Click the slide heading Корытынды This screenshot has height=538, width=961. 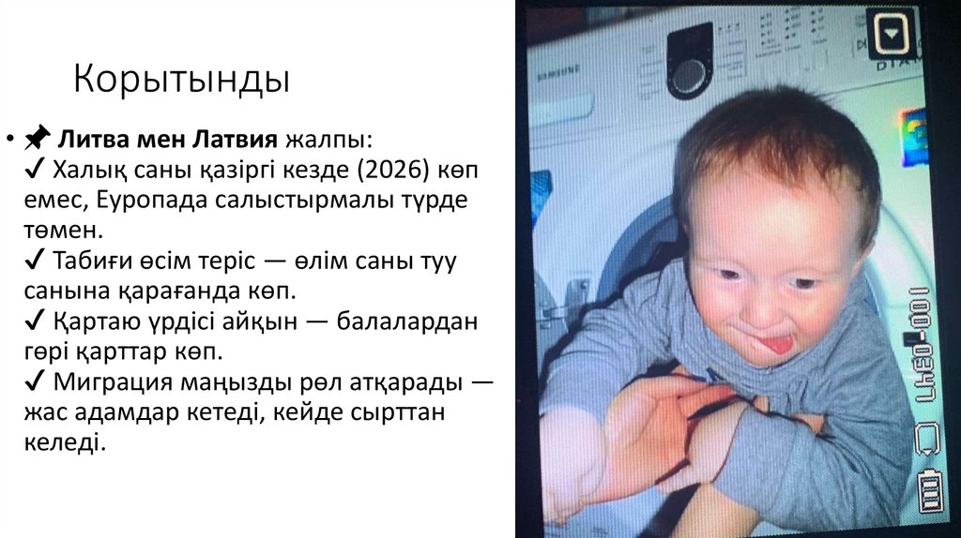182,80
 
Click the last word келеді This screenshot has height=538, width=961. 62,442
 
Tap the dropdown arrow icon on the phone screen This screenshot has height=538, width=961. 889,37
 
